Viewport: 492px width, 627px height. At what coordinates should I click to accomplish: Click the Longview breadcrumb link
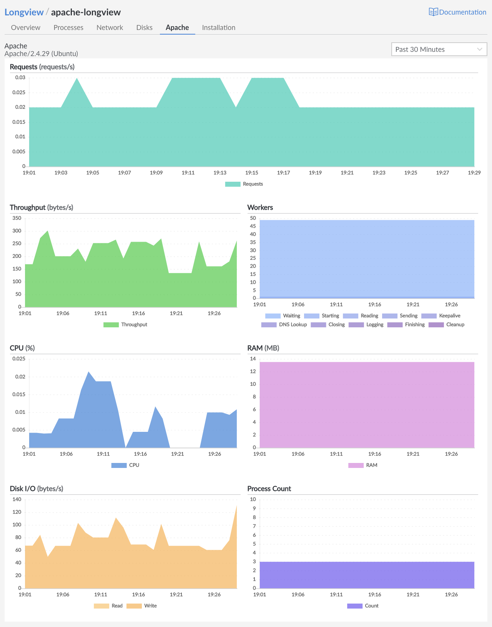click(x=24, y=12)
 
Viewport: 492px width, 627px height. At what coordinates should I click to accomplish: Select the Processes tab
click(x=68, y=28)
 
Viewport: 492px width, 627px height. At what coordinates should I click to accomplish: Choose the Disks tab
click(x=144, y=28)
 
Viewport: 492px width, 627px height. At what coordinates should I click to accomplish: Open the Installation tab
click(x=218, y=28)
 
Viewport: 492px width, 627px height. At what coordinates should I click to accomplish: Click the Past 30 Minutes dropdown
click(x=439, y=49)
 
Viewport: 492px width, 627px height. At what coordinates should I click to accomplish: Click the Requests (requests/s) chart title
click(x=42, y=67)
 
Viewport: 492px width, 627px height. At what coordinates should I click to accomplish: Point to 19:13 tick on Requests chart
click(x=220, y=173)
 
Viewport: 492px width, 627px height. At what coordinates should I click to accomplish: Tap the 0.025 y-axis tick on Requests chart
click(x=20, y=93)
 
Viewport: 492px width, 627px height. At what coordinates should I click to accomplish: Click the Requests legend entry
click(x=244, y=184)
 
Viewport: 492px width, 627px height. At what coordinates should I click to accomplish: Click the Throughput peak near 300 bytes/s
click(x=47, y=231)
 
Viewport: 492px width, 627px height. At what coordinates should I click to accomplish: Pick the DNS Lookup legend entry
click(x=284, y=325)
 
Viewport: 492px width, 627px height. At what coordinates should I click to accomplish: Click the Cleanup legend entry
click(x=447, y=325)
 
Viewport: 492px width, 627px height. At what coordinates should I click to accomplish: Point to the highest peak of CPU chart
click(x=88, y=372)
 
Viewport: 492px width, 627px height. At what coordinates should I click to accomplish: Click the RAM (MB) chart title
click(x=263, y=348)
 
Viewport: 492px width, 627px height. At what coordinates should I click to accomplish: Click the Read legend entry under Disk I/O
click(x=109, y=606)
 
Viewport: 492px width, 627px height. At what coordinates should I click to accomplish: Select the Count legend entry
click(x=363, y=606)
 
